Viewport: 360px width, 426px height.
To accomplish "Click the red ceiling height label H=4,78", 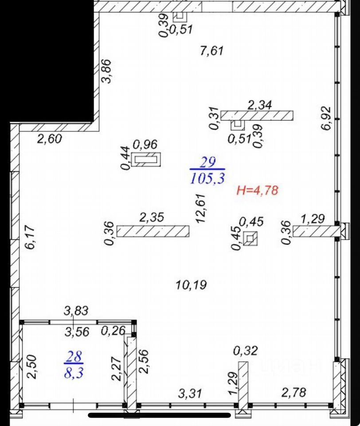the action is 257,191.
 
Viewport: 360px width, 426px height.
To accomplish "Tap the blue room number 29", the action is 207,162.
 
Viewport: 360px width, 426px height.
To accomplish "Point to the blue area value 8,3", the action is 75,371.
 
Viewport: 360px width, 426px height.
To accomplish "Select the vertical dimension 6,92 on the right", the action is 327,118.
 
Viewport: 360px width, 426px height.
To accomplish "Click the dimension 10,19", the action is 191,285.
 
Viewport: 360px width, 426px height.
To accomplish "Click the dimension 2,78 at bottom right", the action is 294,392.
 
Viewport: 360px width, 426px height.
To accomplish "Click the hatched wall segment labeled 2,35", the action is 153,231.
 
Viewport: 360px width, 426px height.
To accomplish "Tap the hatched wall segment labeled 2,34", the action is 257,115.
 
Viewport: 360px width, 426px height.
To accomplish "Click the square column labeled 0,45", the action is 250,239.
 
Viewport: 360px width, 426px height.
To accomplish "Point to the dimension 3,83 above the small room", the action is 76,311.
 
